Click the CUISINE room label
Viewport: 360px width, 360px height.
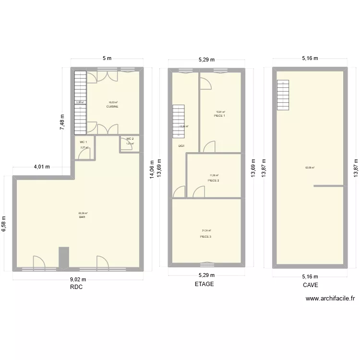click(112, 107)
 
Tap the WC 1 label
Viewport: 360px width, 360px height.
click(84, 142)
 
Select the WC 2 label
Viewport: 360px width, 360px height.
click(130, 139)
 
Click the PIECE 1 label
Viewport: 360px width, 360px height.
click(219, 116)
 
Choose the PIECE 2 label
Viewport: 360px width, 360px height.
click(213, 180)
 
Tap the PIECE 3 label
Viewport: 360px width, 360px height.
click(205, 237)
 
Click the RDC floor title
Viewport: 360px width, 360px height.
click(76, 287)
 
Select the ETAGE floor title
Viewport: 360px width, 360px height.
click(204, 284)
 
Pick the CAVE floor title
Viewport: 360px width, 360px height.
click(310, 285)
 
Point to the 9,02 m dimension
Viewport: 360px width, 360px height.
click(77, 280)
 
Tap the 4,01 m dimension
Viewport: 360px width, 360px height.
click(41, 167)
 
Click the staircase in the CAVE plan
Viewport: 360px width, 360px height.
click(283, 95)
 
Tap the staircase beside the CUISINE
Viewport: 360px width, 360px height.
click(80, 101)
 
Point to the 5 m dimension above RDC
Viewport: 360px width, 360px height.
click(107, 59)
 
